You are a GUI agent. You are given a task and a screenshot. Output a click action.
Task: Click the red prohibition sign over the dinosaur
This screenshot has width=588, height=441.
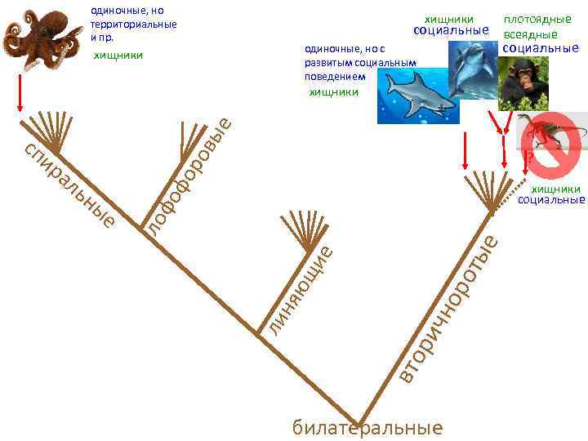[550, 145]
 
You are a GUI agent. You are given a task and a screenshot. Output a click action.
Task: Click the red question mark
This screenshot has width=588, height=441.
[528, 156]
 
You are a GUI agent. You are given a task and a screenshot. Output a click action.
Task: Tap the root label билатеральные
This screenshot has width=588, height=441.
[367, 428]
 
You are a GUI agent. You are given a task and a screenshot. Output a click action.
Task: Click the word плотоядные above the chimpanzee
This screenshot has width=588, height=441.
[537, 19]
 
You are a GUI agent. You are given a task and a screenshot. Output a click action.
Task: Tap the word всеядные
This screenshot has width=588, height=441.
[531, 34]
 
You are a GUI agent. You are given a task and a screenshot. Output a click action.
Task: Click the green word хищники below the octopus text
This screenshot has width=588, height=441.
[118, 56]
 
